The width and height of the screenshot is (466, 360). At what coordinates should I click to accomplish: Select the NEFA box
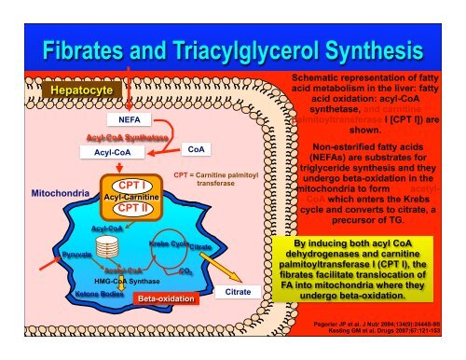(129, 119)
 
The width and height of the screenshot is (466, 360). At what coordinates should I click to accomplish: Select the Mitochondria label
(60, 195)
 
